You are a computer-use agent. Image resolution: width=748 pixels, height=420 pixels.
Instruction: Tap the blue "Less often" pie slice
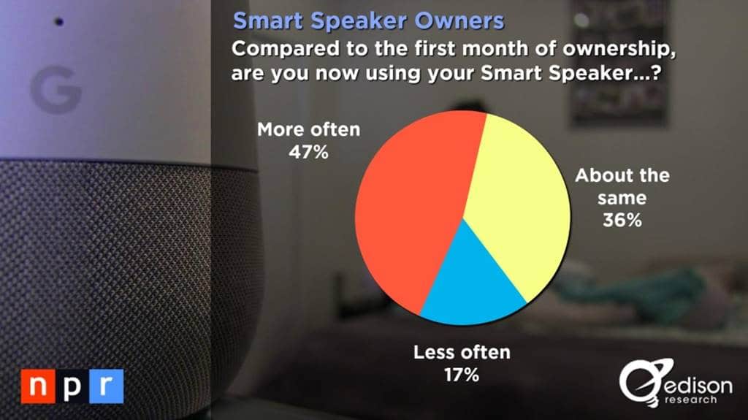tap(471, 292)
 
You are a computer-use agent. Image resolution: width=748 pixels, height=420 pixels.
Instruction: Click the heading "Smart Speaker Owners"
tap(368, 20)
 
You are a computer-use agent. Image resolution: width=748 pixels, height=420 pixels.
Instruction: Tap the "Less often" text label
tap(461, 354)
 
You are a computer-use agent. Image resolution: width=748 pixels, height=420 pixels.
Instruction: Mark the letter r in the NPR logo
tap(105, 386)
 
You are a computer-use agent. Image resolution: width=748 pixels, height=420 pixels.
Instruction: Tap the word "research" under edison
tap(691, 400)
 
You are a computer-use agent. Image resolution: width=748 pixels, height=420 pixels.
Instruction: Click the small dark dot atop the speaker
tap(59, 22)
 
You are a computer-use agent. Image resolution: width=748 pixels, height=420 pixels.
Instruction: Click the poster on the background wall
tap(619, 62)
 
